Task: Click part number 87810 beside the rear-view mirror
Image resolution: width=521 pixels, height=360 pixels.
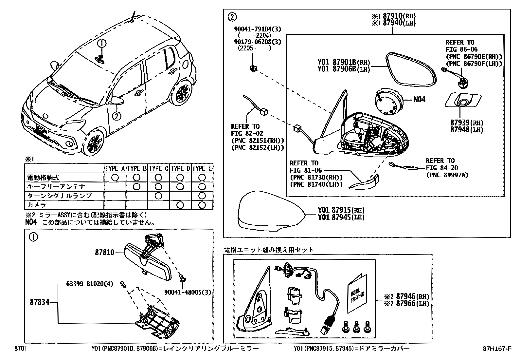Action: (105, 252)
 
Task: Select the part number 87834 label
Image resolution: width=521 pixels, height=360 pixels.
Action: (40, 302)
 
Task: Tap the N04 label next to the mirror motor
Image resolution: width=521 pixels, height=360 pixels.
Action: (419, 99)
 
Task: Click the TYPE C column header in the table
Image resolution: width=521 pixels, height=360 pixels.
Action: (158, 168)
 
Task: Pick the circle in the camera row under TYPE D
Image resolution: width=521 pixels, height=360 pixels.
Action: (180, 205)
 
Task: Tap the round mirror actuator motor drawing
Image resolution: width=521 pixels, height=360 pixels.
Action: (388, 102)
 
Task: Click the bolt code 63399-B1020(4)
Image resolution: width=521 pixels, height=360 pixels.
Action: (85, 284)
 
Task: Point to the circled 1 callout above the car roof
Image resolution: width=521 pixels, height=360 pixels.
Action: (102, 43)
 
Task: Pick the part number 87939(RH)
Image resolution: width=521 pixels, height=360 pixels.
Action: (466, 123)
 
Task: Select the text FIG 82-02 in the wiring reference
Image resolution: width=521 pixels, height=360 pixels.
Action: (245, 133)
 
